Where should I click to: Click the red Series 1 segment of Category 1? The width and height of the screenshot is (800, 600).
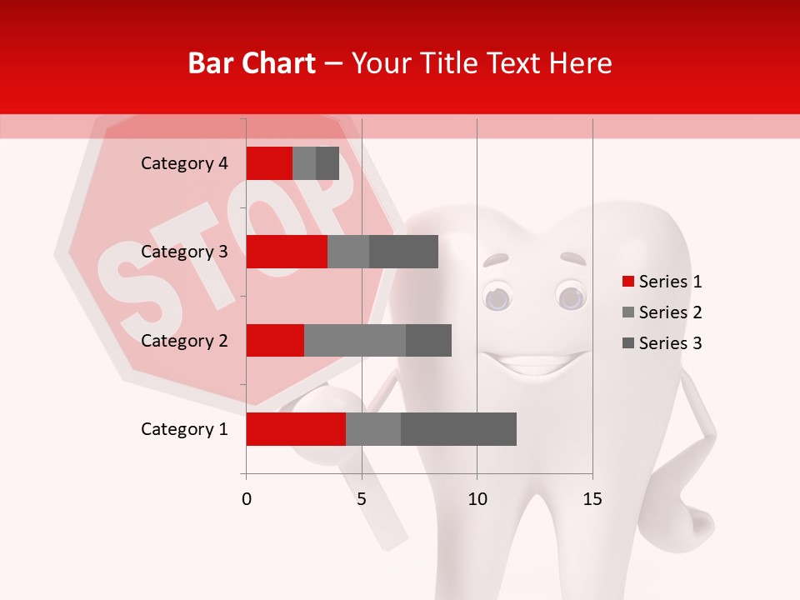(296, 429)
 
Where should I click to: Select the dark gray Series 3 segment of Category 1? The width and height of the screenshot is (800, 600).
(458, 429)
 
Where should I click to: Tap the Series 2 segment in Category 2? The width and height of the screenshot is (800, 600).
(355, 340)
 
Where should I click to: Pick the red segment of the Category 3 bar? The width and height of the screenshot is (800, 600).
(287, 252)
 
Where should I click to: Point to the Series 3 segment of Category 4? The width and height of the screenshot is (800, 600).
(327, 163)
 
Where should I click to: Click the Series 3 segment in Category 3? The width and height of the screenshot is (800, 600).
(403, 252)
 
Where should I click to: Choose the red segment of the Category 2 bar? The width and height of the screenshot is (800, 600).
(275, 340)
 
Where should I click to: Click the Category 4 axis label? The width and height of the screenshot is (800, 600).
(184, 163)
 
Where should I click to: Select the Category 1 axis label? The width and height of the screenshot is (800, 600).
(184, 429)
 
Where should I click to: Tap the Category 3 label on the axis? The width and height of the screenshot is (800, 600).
(184, 252)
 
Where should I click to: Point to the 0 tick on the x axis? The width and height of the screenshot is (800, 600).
(247, 499)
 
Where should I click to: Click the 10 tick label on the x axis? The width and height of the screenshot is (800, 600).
(477, 499)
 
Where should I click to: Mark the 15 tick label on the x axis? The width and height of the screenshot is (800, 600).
(592, 499)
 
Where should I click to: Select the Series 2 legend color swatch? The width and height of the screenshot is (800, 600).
(628, 312)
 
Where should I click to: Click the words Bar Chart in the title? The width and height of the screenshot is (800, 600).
(252, 63)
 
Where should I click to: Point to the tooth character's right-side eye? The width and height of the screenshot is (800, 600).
(571, 297)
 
